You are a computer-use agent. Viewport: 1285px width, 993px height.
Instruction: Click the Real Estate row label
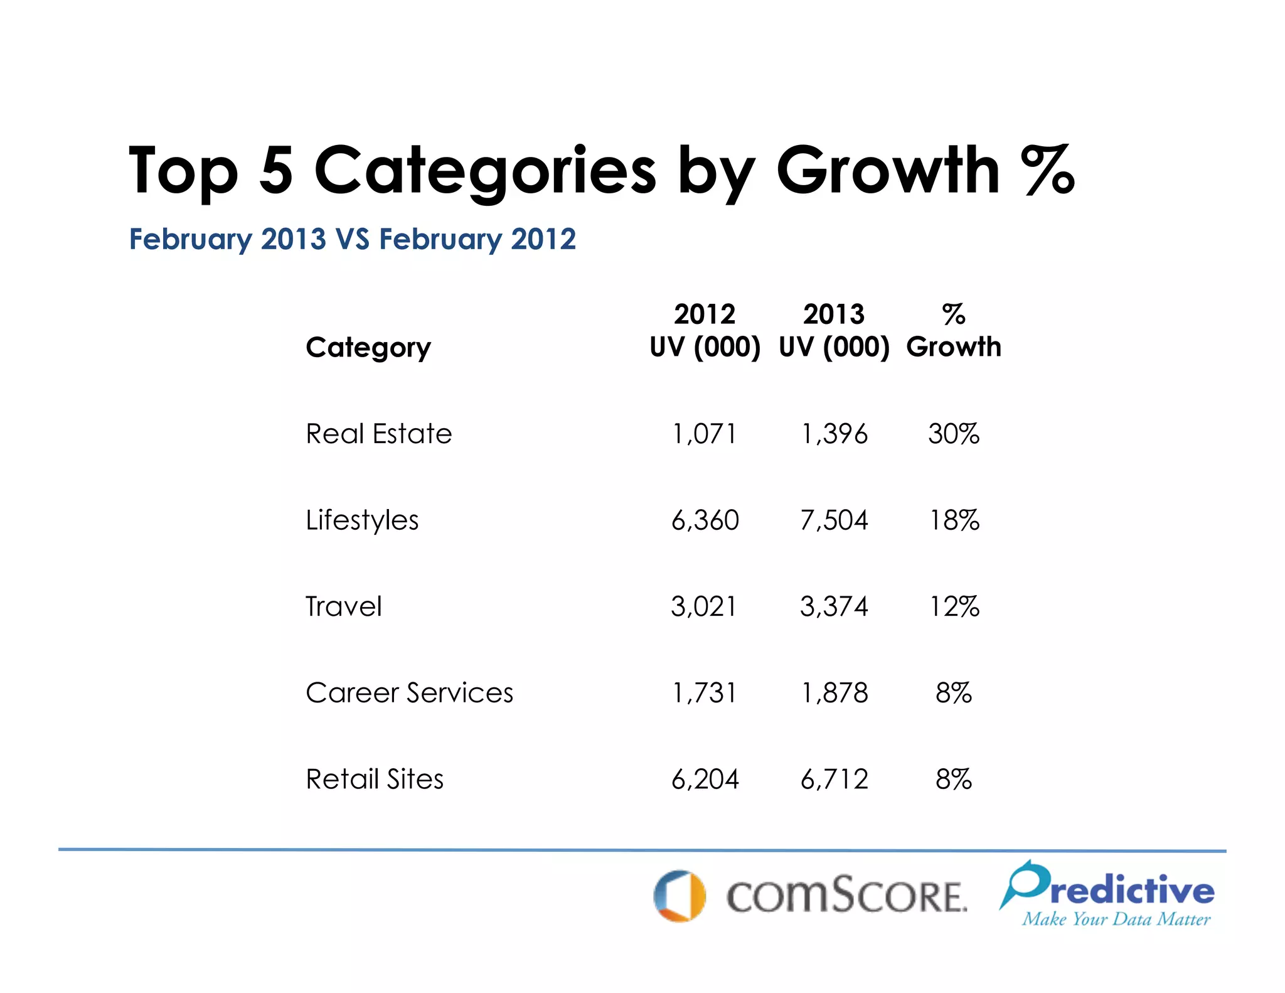tap(378, 434)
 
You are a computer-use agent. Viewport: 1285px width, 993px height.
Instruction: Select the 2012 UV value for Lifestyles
tap(705, 520)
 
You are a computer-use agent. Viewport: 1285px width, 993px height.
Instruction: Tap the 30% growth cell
tap(953, 434)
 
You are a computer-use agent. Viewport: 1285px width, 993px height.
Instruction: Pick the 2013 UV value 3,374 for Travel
tap(834, 606)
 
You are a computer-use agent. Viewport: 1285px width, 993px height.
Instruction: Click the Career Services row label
tap(409, 693)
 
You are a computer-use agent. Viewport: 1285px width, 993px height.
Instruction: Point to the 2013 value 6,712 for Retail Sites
tap(834, 780)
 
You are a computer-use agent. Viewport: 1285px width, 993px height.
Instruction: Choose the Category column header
tap(368, 347)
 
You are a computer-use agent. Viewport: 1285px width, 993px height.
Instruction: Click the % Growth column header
tap(953, 331)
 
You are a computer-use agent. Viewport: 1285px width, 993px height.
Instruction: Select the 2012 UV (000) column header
tap(705, 331)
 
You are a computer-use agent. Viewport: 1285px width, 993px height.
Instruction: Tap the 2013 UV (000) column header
tap(834, 331)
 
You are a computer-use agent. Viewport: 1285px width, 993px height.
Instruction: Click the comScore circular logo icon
tap(680, 896)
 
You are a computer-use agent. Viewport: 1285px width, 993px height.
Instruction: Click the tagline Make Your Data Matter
tap(1116, 920)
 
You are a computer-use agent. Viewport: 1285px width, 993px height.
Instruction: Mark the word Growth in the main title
tap(887, 171)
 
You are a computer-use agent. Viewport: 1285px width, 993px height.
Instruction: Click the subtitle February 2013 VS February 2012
tap(352, 239)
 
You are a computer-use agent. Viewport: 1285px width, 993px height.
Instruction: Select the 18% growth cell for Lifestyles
tap(953, 520)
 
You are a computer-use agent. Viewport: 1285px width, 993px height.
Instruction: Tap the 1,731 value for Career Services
tap(705, 693)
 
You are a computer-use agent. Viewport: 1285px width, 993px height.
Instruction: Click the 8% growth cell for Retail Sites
tap(953, 780)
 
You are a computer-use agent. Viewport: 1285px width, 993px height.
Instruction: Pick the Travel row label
tap(343, 606)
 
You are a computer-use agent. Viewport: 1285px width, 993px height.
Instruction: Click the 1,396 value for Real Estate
tap(834, 434)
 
